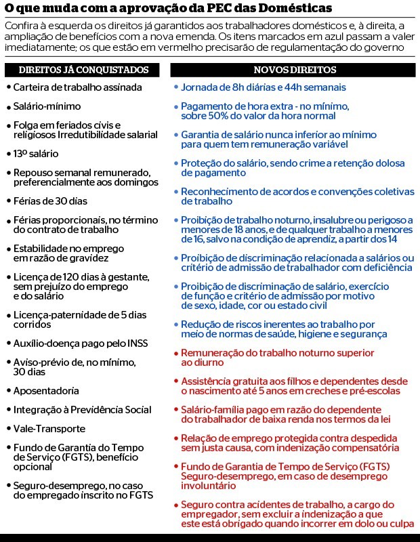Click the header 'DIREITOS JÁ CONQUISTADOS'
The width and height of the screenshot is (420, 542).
point(83,70)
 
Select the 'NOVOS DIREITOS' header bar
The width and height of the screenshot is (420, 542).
point(295,70)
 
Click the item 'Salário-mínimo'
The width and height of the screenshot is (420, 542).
point(47,106)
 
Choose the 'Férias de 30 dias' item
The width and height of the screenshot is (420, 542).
point(50,201)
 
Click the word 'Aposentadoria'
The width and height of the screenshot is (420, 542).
point(46,391)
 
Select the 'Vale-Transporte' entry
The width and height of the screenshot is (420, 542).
point(49,429)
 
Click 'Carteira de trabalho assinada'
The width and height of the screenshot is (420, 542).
point(77,87)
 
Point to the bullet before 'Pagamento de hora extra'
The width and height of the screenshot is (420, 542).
point(176,107)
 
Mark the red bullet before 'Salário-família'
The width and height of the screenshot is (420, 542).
point(176,410)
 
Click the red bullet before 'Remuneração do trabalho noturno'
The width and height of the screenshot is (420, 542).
point(176,354)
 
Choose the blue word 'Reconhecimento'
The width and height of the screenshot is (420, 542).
point(217,192)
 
